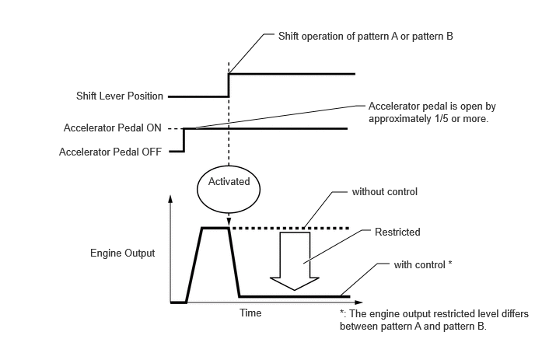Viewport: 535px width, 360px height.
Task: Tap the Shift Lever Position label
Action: [x=120, y=96]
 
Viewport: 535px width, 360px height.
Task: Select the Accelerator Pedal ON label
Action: [x=112, y=128]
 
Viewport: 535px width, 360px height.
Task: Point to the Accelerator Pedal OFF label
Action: [x=110, y=152]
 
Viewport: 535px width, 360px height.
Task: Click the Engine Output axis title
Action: [x=123, y=253]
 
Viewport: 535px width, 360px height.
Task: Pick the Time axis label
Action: [x=250, y=313]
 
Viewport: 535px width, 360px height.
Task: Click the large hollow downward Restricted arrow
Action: [x=295, y=261]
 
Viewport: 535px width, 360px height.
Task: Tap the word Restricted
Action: [x=397, y=232]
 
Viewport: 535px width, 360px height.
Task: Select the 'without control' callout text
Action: [x=384, y=192]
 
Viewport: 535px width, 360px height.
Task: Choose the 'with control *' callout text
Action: [x=423, y=265]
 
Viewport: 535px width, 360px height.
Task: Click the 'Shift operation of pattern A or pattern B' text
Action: [x=365, y=37]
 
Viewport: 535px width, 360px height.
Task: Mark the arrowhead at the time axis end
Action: [x=358, y=302]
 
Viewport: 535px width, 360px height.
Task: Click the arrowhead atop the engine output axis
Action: [x=170, y=198]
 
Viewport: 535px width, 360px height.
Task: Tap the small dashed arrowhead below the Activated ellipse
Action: [x=229, y=221]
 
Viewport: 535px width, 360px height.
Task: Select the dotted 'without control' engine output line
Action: [x=290, y=229]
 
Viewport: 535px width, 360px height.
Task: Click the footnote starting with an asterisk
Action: [x=434, y=320]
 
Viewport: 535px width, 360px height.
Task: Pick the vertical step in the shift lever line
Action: [x=229, y=86]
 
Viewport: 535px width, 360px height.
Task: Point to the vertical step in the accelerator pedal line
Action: [x=184, y=140]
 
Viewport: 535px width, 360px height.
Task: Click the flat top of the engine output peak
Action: [x=215, y=228]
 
